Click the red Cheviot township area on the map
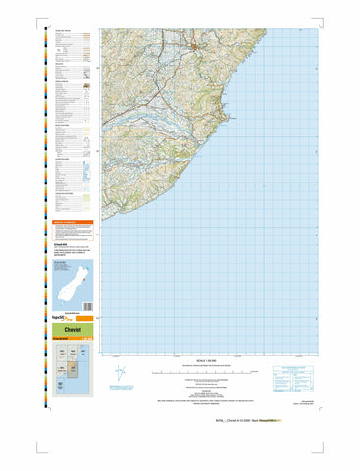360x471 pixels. pos(196,45)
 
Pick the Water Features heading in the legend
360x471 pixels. pos(61,125)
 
